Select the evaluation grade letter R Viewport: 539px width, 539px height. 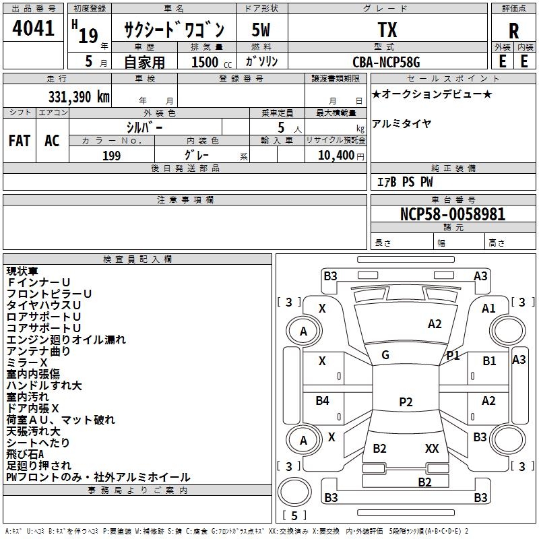[x=513, y=31]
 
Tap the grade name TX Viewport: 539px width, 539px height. [x=387, y=30]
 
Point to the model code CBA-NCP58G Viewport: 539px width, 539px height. [x=387, y=62]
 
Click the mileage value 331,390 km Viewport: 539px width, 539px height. [x=79, y=96]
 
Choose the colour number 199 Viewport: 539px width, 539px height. [x=111, y=156]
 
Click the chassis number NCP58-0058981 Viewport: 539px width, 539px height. [x=452, y=214]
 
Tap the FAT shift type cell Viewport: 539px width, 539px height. [x=19, y=141]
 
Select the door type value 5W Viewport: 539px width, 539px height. [x=261, y=30]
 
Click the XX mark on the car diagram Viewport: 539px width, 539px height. [x=432, y=449]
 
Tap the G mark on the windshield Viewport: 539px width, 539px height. [x=385, y=355]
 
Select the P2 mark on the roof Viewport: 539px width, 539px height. [x=406, y=402]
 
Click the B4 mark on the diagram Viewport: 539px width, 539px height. [x=323, y=402]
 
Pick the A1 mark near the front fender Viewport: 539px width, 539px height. [x=489, y=308]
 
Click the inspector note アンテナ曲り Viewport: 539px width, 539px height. [x=38, y=351]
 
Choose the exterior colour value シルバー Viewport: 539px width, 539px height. [x=144, y=127]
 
